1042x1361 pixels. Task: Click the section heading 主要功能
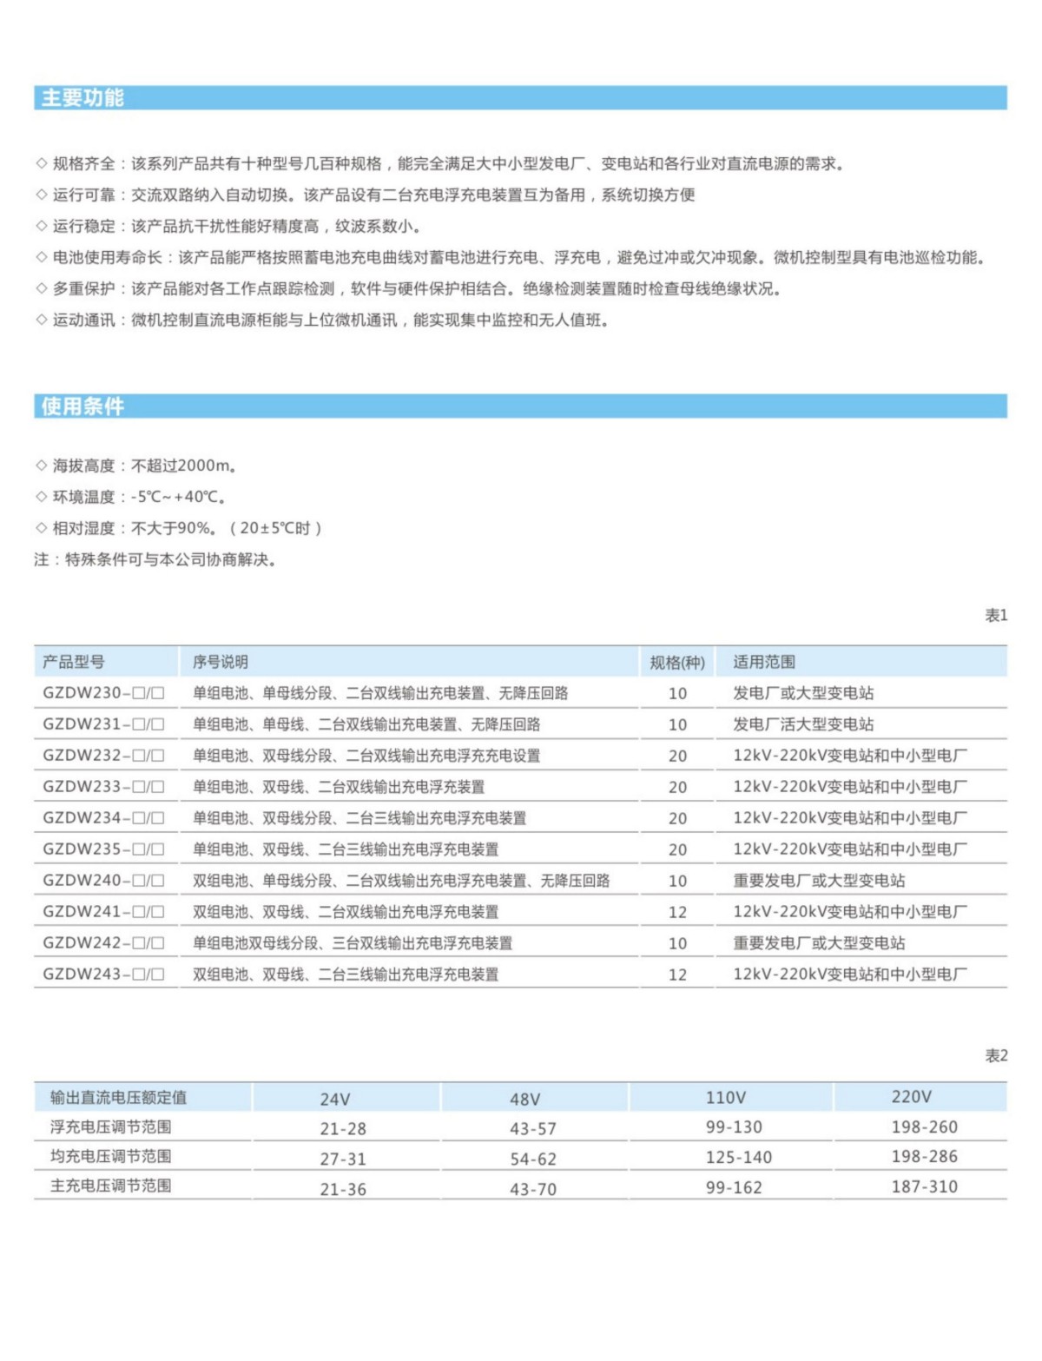(83, 98)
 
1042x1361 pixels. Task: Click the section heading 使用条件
(83, 406)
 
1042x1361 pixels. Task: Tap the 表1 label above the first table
(996, 616)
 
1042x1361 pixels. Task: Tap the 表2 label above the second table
(996, 1056)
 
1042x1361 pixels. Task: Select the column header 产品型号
(74, 663)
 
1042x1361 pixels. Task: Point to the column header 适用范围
(764, 663)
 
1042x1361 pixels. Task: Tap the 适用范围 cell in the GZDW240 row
(819, 881)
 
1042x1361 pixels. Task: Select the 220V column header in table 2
(912, 1097)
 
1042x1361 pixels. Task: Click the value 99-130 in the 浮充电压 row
(734, 1127)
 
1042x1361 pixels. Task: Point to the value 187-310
(924, 1187)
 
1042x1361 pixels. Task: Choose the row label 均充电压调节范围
(111, 1157)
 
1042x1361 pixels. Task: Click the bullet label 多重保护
(83, 289)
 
